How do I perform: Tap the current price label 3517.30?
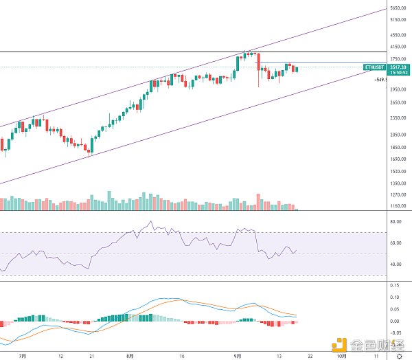[397, 67]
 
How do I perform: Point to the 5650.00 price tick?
[397, 8]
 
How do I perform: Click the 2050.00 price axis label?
[397, 135]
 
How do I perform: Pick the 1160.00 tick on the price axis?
[397, 206]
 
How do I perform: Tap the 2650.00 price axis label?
[397, 103]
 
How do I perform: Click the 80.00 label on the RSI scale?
[395, 222]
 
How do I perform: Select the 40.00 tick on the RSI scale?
[395, 265]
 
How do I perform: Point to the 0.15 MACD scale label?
[393, 284]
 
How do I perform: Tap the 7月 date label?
[23, 356]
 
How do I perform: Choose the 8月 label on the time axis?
[130, 356]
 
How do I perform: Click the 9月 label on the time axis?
[237, 356]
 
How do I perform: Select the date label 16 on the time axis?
[182, 356]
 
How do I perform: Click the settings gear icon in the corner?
[399, 355]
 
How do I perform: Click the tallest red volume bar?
[258, 201]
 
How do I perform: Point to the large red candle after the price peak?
[258, 62]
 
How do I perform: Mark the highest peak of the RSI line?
[150, 222]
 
